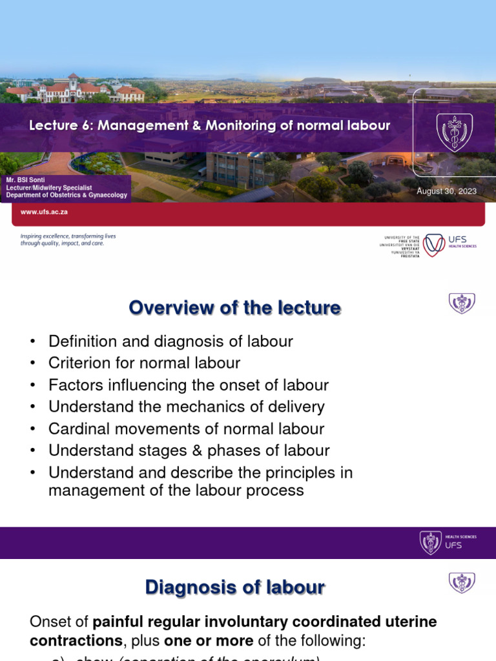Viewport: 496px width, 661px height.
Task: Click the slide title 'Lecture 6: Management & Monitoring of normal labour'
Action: (209, 126)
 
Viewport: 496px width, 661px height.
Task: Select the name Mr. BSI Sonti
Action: (25, 180)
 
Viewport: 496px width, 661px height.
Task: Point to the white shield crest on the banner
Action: (455, 132)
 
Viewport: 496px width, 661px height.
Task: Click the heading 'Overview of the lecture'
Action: (234, 308)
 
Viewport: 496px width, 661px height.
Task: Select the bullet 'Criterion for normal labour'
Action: (145, 363)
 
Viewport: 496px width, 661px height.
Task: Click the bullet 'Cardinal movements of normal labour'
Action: (187, 429)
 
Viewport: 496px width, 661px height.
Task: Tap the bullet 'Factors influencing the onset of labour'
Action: (189, 385)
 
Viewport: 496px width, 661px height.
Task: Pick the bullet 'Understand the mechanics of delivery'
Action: (187, 407)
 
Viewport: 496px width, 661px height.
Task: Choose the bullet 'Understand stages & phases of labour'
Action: (189, 451)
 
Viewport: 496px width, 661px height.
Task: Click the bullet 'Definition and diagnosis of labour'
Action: (171, 341)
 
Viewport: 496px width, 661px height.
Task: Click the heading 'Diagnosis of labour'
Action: (235, 587)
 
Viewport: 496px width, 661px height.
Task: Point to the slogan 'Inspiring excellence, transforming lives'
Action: (68, 236)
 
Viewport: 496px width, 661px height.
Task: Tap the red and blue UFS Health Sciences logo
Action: (435, 245)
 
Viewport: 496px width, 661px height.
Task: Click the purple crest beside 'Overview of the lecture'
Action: (462, 303)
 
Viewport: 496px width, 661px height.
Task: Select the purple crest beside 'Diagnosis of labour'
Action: (462, 582)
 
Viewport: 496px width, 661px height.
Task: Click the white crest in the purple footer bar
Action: (431, 542)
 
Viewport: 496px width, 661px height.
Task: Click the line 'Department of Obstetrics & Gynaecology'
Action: (67, 196)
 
